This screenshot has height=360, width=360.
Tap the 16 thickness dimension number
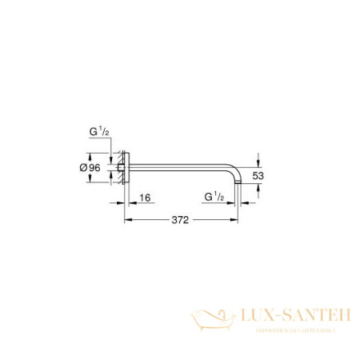(x=143, y=195)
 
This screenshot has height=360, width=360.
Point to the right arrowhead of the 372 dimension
(x=237, y=219)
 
